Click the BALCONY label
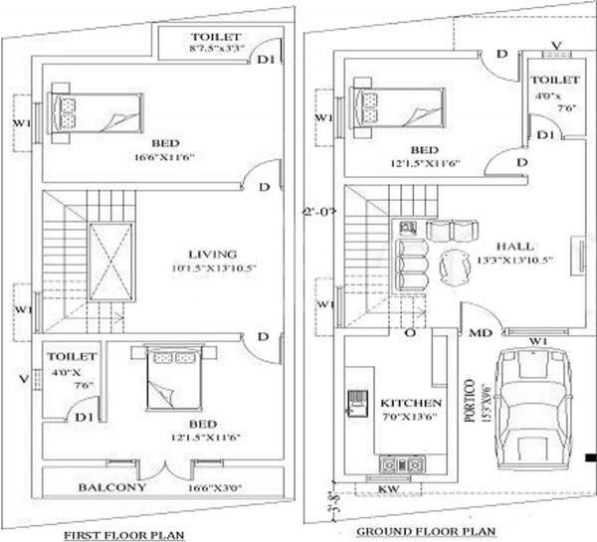click(113, 487)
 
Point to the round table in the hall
click(457, 266)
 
